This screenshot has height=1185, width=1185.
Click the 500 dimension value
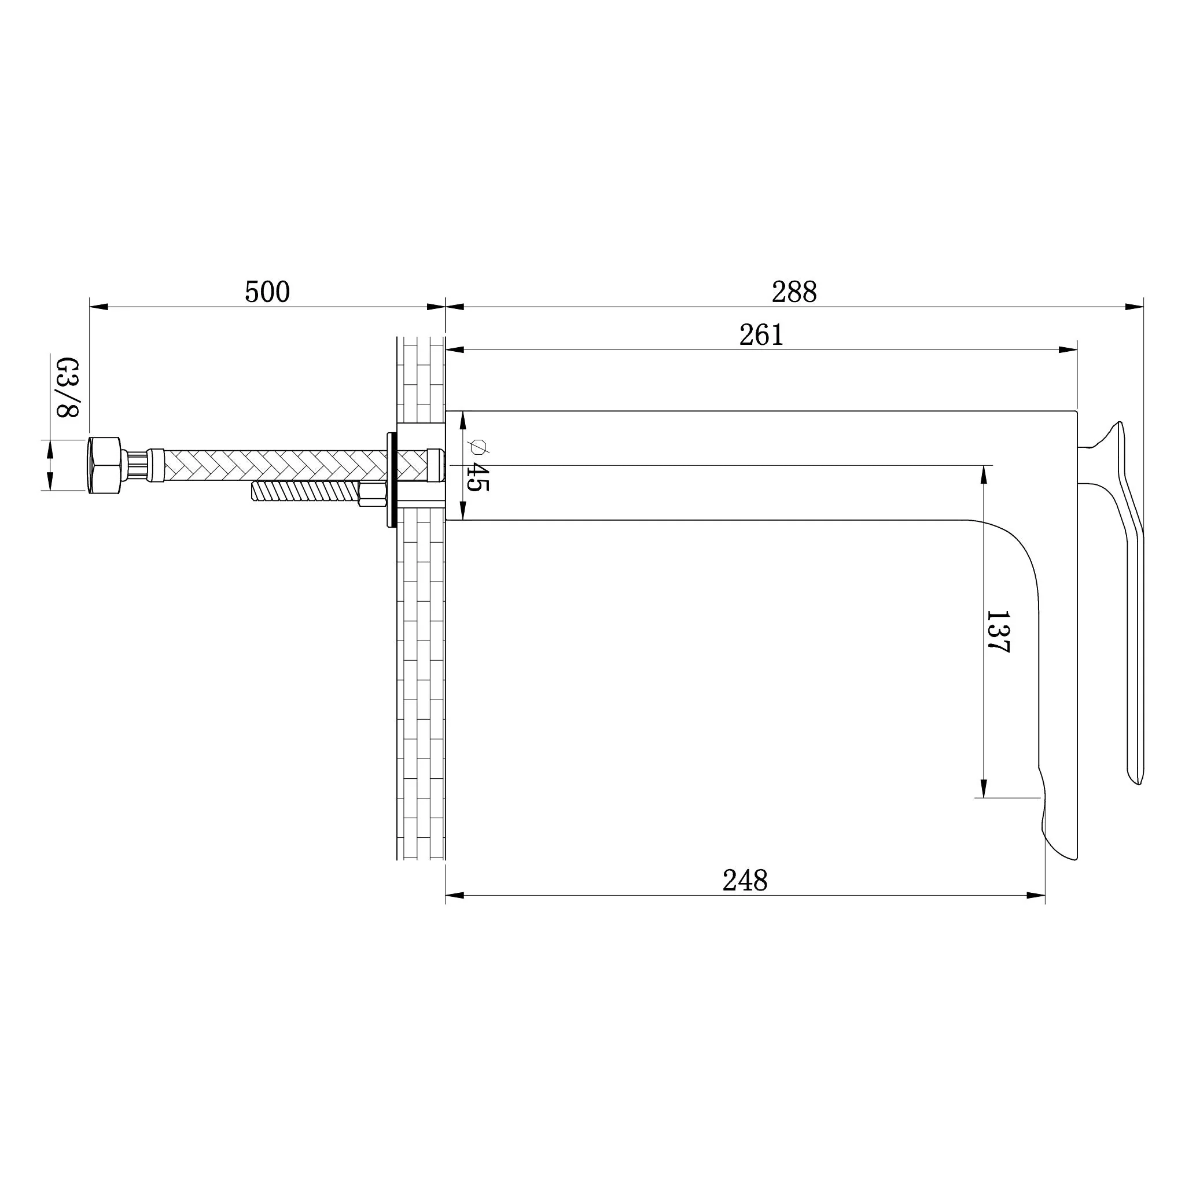[267, 292]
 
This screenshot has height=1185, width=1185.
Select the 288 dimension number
[794, 292]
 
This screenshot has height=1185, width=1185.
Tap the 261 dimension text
[761, 335]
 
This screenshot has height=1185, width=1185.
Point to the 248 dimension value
[745, 881]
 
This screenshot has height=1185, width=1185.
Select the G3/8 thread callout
[68, 388]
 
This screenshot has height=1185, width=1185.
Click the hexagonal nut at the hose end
[105, 466]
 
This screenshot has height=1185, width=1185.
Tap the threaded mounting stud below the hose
[305, 491]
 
